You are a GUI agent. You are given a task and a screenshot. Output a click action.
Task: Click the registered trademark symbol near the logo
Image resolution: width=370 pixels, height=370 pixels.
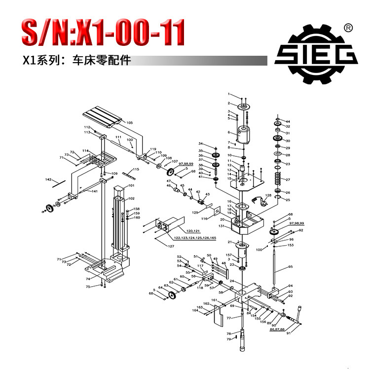pos(347,27)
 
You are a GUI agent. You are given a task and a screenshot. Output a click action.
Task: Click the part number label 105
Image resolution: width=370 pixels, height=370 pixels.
pos(130,122)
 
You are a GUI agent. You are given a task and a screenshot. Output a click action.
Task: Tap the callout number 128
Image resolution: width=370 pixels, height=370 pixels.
pos(269,196)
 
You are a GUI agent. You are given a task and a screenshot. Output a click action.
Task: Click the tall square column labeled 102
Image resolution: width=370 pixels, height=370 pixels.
pos(120,222)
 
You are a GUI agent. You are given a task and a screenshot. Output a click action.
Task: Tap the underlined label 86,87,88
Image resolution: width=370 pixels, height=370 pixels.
pos(277,330)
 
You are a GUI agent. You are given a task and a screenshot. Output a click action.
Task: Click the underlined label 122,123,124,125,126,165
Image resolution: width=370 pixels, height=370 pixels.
pos(188,238)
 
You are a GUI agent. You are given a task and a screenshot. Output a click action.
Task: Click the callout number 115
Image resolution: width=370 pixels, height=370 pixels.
pos(136,169)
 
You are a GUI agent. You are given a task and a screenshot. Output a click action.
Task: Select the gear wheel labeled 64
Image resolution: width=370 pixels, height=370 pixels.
pos(172,295)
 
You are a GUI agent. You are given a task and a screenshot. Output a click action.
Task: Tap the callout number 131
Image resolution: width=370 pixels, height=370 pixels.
pos(222,226)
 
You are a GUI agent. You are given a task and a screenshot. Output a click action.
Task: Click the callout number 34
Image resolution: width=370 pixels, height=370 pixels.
pos(201,144)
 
